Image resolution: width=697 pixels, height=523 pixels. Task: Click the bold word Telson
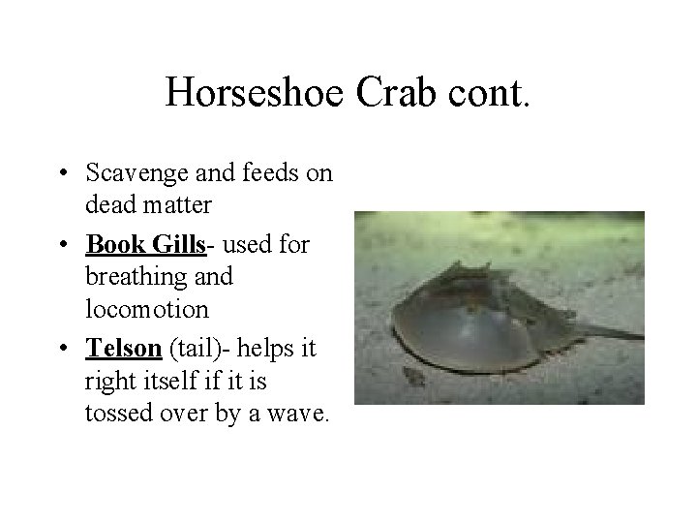click(120, 348)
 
